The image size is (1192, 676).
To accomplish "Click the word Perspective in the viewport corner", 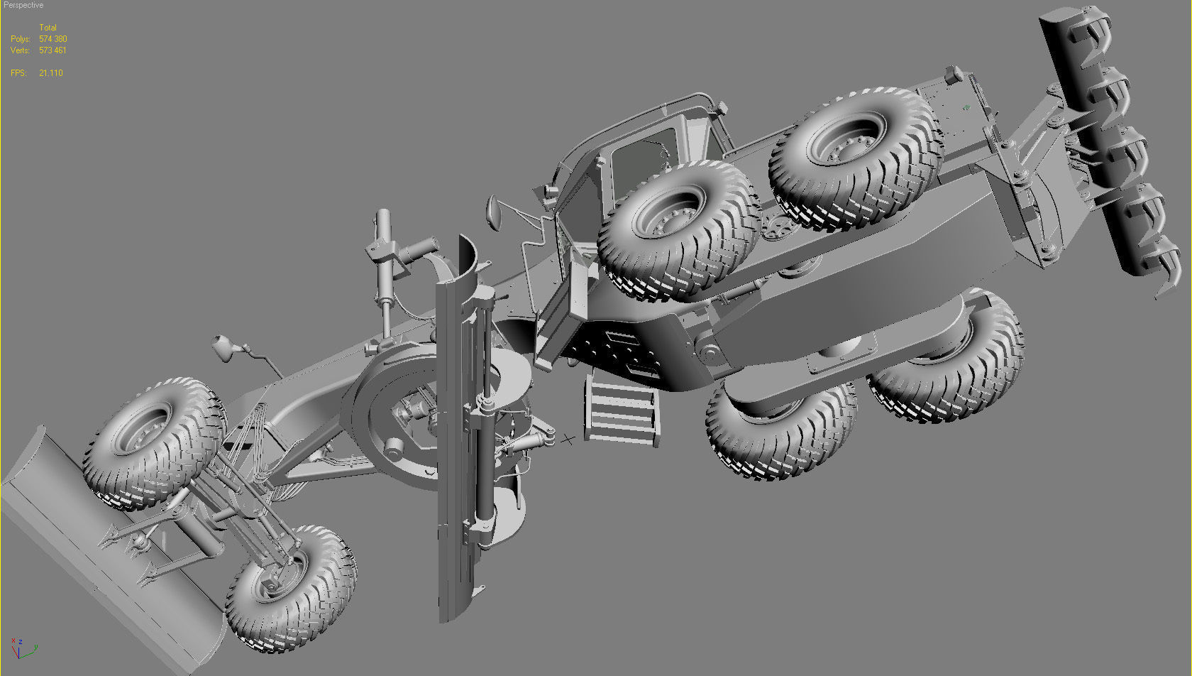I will (x=23, y=5).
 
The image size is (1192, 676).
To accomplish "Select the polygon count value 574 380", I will (x=53, y=39).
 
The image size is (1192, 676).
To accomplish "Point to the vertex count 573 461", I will (x=53, y=50).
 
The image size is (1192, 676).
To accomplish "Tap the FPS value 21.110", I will (x=51, y=73).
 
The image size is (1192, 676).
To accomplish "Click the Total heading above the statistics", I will (x=48, y=28).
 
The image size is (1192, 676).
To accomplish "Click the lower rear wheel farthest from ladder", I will (x=951, y=362).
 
